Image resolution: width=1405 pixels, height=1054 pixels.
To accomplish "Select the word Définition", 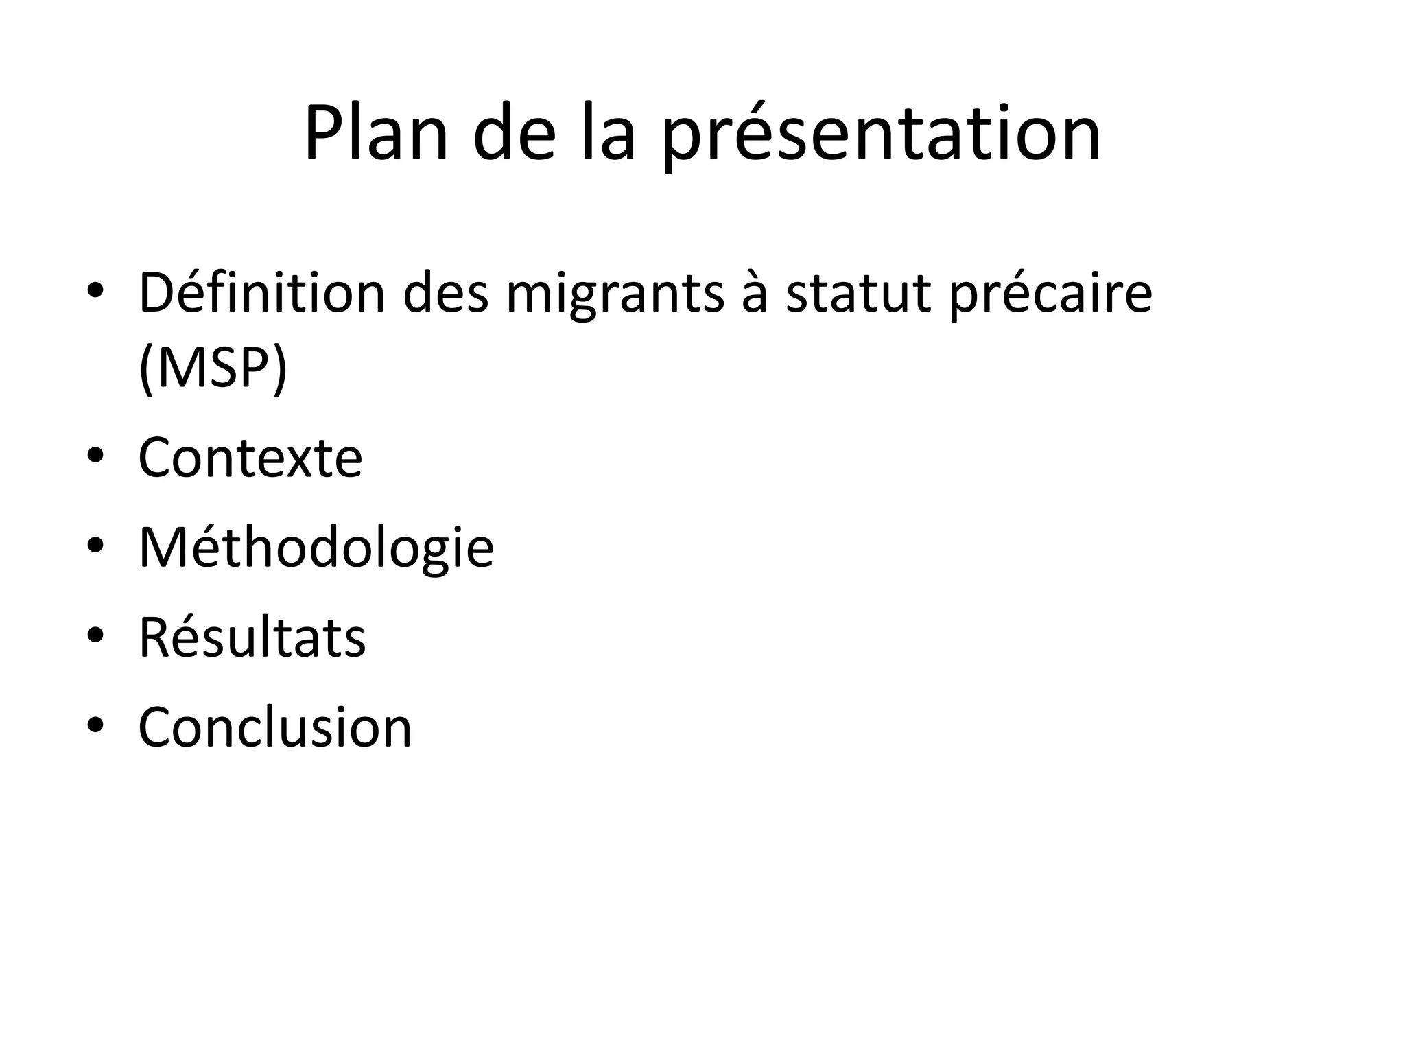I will click(x=261, y=293).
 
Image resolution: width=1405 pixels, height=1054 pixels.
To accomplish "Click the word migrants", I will click(x=615, y=296).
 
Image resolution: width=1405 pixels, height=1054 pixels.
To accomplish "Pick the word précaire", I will click(x=1050, y=296).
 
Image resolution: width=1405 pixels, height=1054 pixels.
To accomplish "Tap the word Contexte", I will click(x=250, y=458).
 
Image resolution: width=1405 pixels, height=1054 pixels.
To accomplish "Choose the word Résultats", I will click(x=252, y=638).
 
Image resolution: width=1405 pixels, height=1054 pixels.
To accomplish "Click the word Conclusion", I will click(x=275, y=727).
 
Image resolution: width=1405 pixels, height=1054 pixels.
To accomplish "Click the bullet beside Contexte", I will click(x=95, y=455).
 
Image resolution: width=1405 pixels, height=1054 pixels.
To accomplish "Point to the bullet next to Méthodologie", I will click(x=95, y=545).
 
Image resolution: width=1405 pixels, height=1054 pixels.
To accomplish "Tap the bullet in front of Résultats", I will click(x=95, y=635).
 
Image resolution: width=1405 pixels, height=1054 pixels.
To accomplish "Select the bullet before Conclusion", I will click(x=95, y=725).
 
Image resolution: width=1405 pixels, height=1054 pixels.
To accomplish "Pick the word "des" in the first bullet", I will click(x=446, y=294).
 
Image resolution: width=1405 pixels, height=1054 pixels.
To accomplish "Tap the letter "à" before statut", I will click(x=755, y=294).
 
